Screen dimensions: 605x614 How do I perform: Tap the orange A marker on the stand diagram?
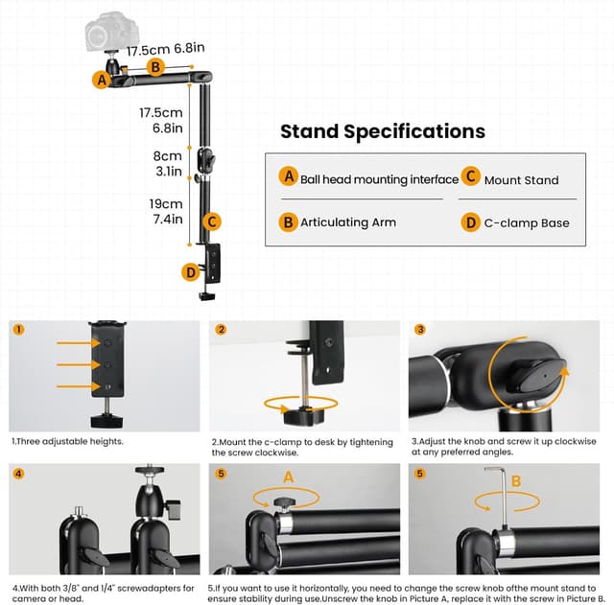(x=101, y=81)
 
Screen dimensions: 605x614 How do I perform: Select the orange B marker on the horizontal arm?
(x=156, y=67)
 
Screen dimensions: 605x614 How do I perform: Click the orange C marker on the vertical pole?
(x=213, y=221)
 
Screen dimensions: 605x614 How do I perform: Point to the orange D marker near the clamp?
(x=191, y=273)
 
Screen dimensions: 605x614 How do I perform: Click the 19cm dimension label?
(x=165, y=203)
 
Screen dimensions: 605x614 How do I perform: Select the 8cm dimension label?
(x=168, y=155)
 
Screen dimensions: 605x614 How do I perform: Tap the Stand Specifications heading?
(x=383, y=131)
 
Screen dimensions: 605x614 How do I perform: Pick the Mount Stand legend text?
(x=521, y=179)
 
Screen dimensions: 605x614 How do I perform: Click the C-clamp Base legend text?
(x=527, y=222)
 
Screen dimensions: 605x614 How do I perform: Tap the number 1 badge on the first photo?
(x=20, y=330)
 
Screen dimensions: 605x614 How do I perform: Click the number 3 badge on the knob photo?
(x=419, y=330)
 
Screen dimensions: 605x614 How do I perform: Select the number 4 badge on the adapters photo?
(x=20, y=474)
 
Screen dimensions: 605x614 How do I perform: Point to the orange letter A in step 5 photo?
(x=287, y=476)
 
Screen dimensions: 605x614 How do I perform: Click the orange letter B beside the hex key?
(x=516, y=480)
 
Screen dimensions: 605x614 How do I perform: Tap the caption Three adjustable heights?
(x=67, y=442)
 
